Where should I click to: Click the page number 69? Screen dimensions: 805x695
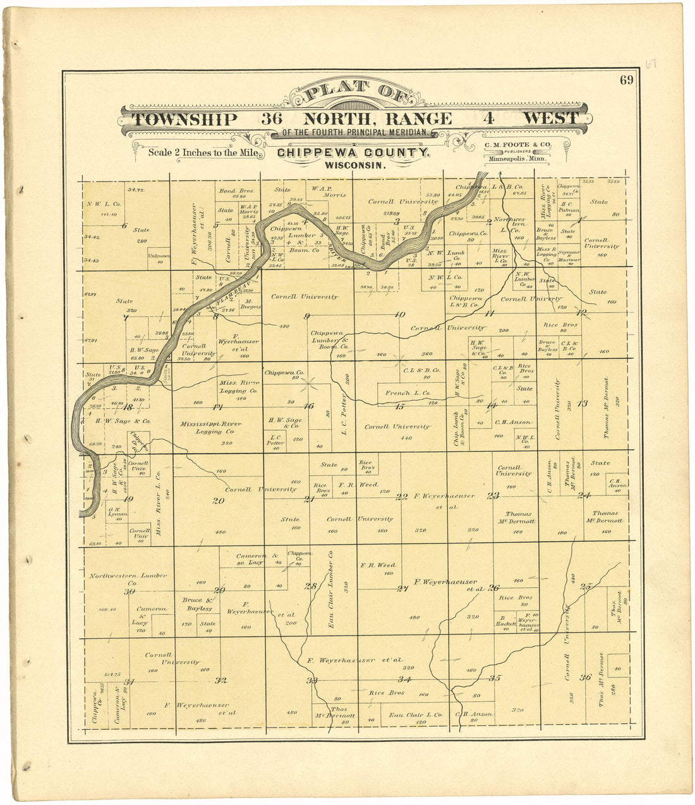point(626,80)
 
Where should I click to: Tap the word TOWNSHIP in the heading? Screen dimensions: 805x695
point(184,119)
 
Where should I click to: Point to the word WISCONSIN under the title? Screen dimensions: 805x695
point(354,166)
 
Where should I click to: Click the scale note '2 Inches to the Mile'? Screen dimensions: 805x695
point(203,152)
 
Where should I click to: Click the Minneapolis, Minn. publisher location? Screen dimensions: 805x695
point(517,160)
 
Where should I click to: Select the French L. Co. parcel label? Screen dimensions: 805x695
point(407,393)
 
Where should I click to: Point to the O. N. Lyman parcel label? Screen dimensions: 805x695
point(118,512)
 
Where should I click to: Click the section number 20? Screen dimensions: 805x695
point(219,500)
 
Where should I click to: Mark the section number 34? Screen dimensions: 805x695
point(404,679)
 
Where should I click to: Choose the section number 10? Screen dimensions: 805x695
point(399,314)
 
